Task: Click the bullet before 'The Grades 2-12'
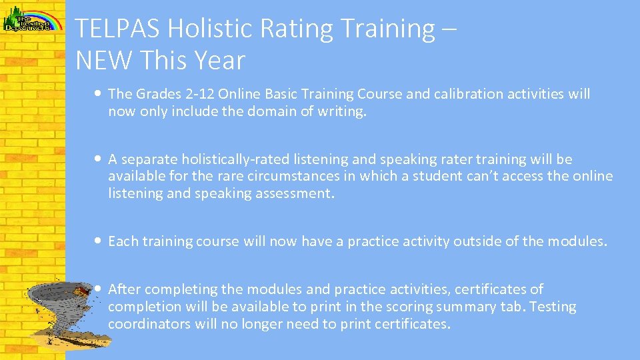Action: click(99, 94)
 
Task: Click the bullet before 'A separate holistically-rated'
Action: click(99, 159)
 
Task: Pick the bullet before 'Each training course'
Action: click(99, 241)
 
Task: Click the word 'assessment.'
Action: click(299, 194)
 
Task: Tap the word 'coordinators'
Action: click(149, 324)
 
